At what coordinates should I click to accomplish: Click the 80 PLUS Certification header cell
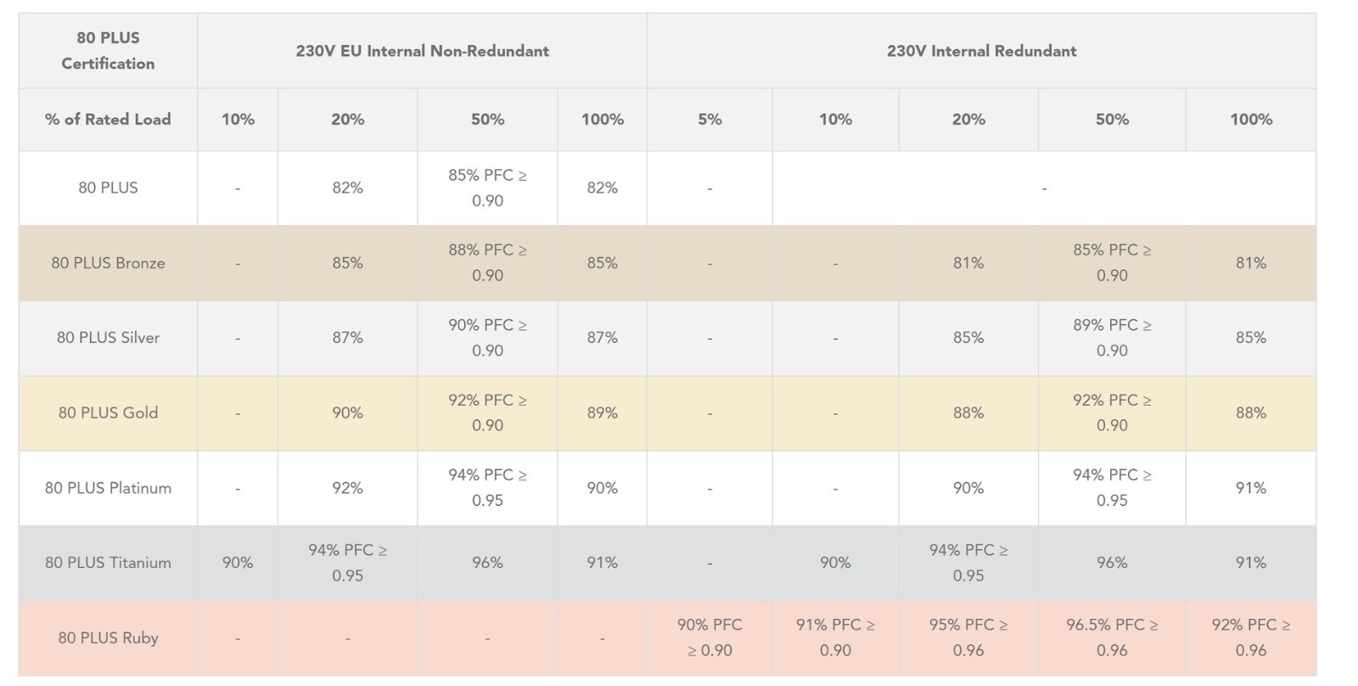(x=108, y=51)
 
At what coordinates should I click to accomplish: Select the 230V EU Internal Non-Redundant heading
(x=422, y=51)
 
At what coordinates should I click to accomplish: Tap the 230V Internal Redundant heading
(x=981, y=51)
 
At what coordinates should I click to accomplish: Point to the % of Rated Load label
(x=108, y=120)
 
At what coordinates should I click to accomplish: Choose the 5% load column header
(x=710, y=120)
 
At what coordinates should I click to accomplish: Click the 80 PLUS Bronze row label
(x=108, y=263)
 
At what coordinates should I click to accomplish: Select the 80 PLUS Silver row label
(x=108, y=338)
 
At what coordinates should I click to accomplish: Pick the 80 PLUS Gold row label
(x=108, y=413)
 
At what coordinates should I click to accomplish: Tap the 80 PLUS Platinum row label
(x=108, y=488)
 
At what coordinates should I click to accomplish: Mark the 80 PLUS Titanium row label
(x=108, y=563)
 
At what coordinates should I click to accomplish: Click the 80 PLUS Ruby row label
(x=108, y=638)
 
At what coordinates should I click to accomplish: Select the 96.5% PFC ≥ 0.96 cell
(x=1112, y=638)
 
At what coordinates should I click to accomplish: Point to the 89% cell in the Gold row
(x=602, y=413)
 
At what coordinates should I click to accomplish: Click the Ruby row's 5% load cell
(x=710, y=638)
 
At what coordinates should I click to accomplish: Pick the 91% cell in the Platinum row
(x=1251, y=488)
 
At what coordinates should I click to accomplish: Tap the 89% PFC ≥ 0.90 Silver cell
(x=1112, y=338)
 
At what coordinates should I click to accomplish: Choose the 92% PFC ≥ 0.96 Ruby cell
(x=1251, y=638)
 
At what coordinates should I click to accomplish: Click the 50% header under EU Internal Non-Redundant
(x=487, y=120)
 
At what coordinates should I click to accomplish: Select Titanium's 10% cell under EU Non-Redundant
(x=238, y=563)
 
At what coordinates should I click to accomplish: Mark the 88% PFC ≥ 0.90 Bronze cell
(x=487, y=263)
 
